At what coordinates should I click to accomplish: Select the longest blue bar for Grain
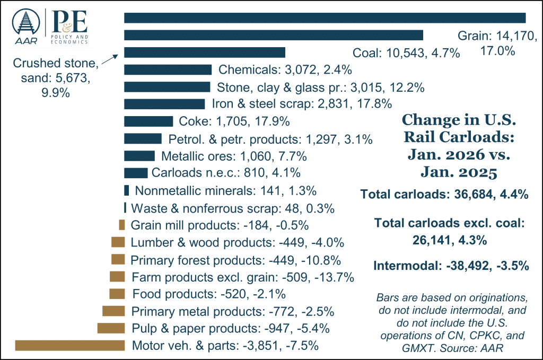click(325, 17)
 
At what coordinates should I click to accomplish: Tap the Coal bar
click(274, 35)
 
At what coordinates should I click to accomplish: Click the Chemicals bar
click(168, 69)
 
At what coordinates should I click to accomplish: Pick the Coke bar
click(148, 121)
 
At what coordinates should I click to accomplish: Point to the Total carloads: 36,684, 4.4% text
click(444, 195)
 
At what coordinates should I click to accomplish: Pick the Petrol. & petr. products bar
click(143, 139)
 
